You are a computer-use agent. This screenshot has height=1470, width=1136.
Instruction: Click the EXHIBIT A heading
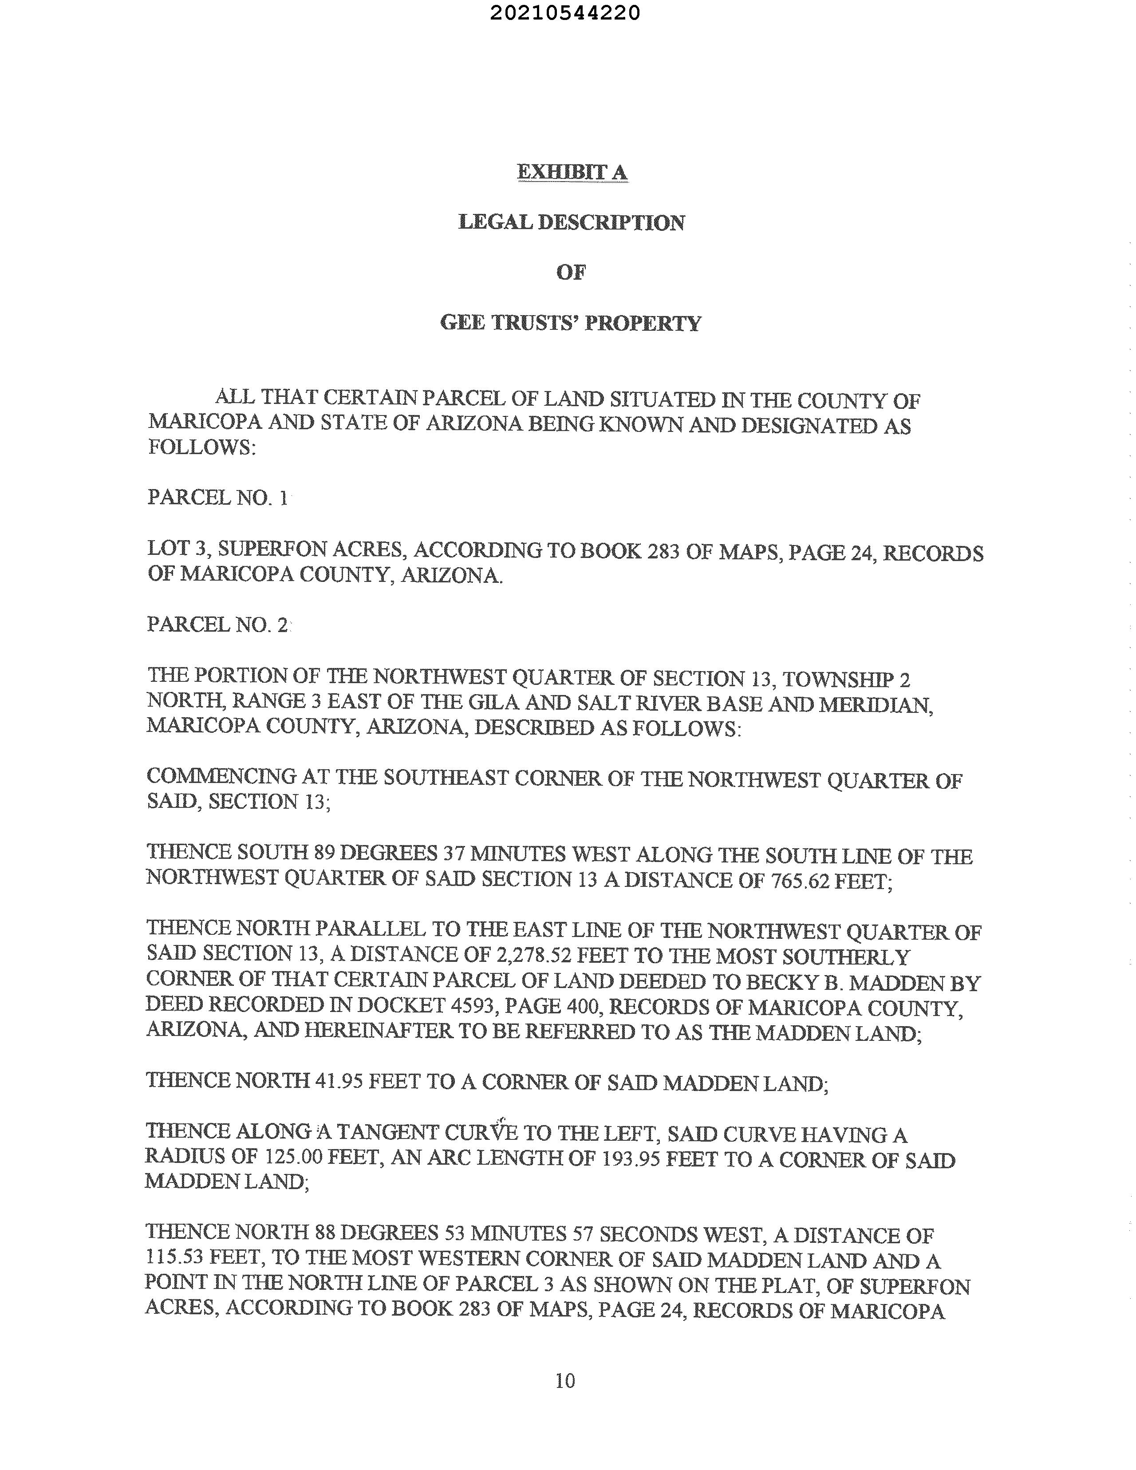(x=572, y=172)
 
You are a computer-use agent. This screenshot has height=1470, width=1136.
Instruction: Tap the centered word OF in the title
(x=571, y=273)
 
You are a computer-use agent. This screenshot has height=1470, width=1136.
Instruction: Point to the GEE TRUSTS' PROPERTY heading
(x=571, y=323)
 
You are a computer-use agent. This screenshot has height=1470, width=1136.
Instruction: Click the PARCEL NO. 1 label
(x=217, y=498)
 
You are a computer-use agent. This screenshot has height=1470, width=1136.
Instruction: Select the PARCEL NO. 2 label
(x=217, y=624)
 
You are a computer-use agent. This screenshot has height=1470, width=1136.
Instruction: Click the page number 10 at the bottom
(x=565, y=1380)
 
